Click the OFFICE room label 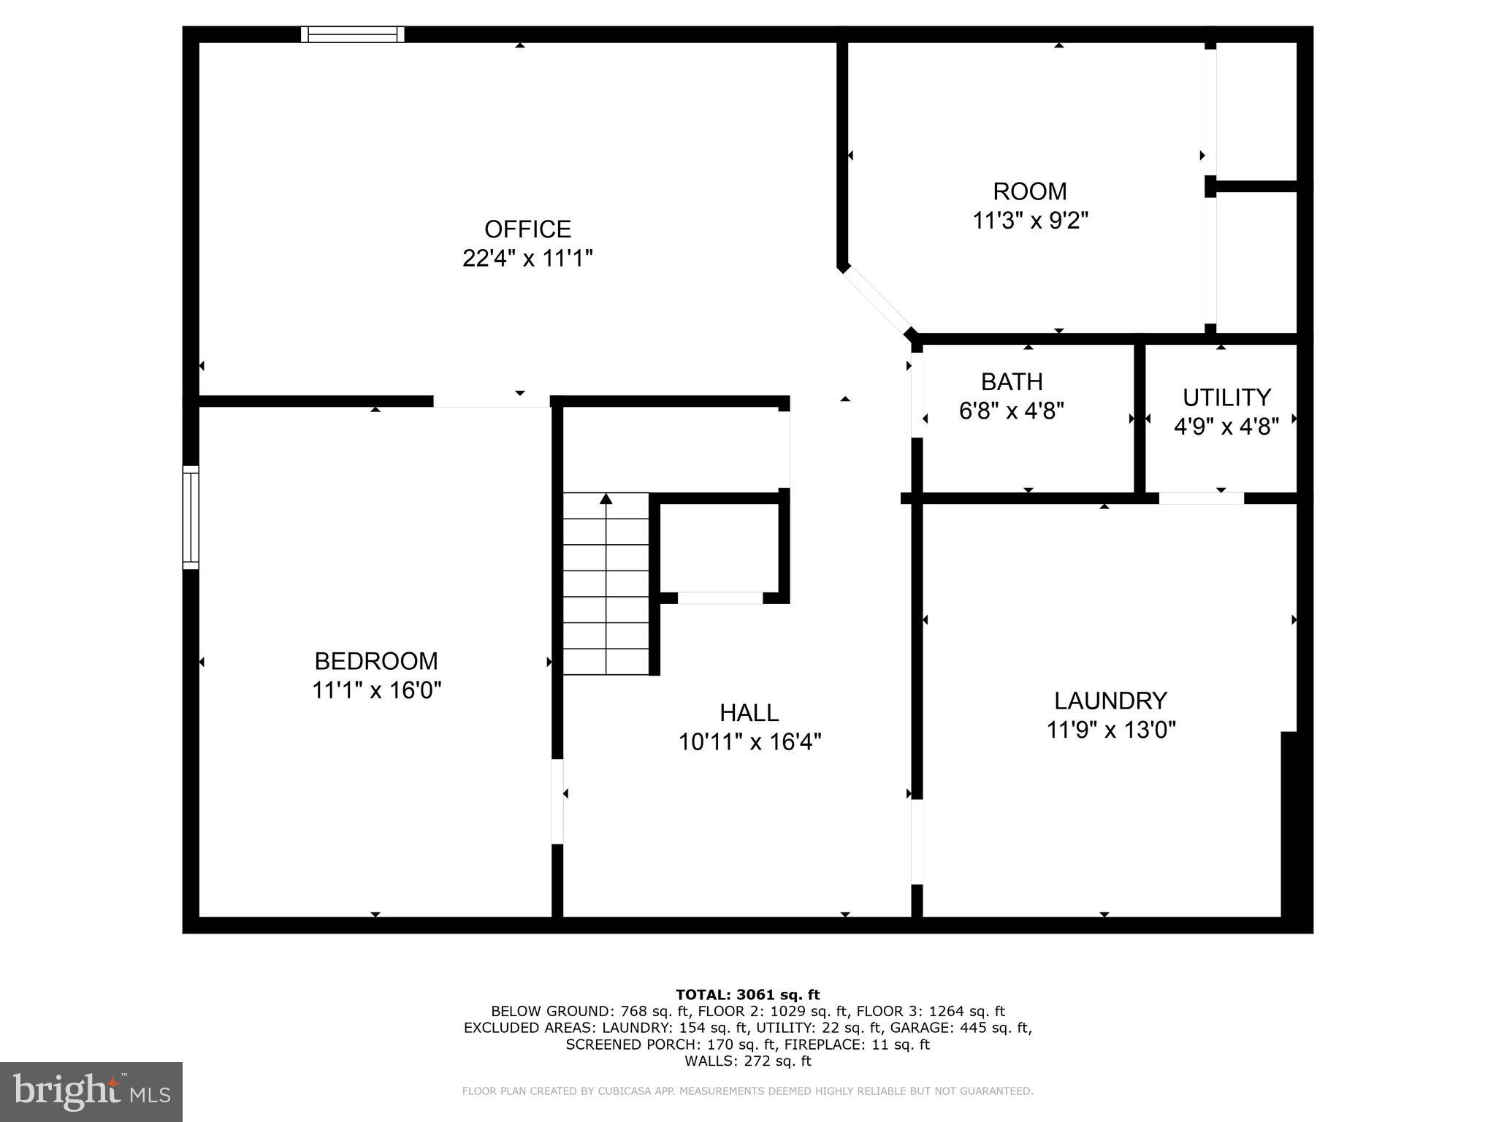(527, 229)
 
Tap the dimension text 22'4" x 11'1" (527, 259)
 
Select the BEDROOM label (376, 661)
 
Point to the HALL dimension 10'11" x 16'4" (749, 742)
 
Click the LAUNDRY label (1110, 701)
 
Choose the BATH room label (1012, 382)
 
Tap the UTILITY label (1226, 397)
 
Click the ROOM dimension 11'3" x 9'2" (1030, 221)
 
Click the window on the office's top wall (353, 34)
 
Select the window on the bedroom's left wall (191, 517)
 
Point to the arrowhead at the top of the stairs (606, 499)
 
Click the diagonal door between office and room (877, 300)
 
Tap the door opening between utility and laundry (1201, 498)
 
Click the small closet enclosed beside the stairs (720, 548)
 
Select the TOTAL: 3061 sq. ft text (747, 994)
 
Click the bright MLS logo (91, 1092)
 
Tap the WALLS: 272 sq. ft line (747, 1061)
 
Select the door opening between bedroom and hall (557, 801)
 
